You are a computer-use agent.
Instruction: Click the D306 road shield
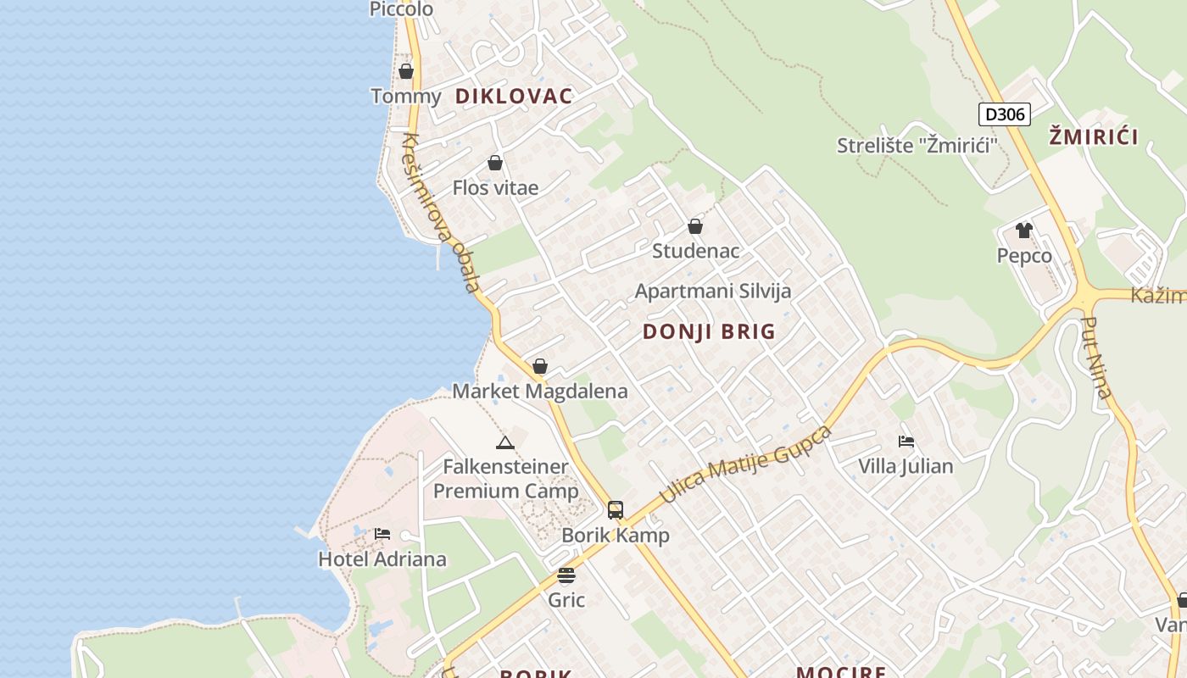[1005, 114]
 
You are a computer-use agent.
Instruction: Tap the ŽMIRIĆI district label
[1093, 136]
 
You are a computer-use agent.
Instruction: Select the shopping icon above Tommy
[406, 71]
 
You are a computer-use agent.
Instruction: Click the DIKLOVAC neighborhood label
[514, 96]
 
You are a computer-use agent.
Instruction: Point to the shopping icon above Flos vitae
[495, 163]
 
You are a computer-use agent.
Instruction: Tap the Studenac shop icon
[695, 226]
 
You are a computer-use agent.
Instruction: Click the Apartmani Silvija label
[713, 291]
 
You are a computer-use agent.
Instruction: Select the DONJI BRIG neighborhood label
[709, 331]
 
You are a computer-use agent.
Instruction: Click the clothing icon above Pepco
[1024, 231]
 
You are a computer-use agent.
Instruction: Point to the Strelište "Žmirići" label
[916, 145]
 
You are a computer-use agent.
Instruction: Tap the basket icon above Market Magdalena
[540, 366]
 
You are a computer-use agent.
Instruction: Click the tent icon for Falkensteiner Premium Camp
[505, 442]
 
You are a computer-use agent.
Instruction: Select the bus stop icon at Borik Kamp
[616, 510]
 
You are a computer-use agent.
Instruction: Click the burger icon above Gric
[566, 576]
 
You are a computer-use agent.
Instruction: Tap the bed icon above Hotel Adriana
[382, 534]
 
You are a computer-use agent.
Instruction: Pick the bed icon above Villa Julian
[906, 442]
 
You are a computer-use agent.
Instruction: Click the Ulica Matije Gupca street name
[745, 465]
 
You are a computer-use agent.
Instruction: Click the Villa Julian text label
[906, 466]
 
